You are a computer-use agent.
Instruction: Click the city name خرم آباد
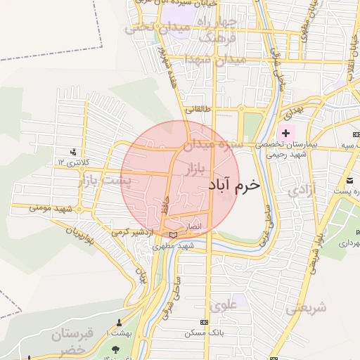[x=234, y=184]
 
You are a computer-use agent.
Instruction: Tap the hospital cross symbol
[x=285, y=133]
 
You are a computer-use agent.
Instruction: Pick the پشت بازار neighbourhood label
[x=112, y=181]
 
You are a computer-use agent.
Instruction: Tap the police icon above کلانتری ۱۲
[x=73, y=152]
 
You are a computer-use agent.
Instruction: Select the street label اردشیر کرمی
[x=131, y=231]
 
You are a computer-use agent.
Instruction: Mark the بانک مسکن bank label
[x=202, y=332]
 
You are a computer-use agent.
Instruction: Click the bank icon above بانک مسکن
[x=203, y=322]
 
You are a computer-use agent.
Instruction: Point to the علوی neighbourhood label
[x=224, y=305]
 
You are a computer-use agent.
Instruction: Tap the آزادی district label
[x=302, y=188]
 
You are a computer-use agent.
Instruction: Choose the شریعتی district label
[x=307, y=307]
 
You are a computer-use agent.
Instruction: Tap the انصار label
[x=192, y=227]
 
